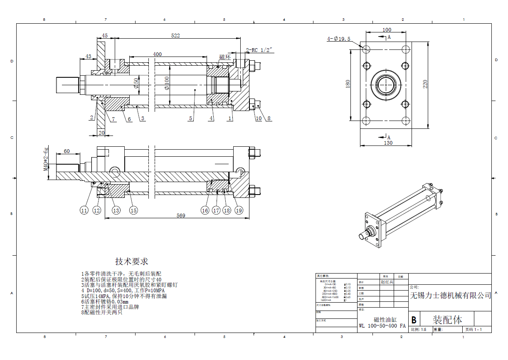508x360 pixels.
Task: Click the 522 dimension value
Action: pyautogui.click(x=175, y=36)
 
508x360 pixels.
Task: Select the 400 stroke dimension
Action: pyautogui.click(x=157, y=54)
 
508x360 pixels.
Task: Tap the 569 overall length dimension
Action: pyautogui.click(x=181, y=215)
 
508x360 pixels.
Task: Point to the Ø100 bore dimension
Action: pyautogui.click(x=167, y=83)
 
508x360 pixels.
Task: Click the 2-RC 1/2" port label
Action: pyautogui.click(x=260, y=50)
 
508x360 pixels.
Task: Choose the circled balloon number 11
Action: pyautogui.click(x=84, y=210)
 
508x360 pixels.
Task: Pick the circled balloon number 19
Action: pyautogui.click(x=239, y=210)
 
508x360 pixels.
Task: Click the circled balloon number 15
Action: pyautogui.click(x=133, y=210)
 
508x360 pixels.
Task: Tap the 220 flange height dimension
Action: pyautogui.click(x=425, y=84)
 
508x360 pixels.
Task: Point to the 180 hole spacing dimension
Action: pyautogui.click(x=348, y=84)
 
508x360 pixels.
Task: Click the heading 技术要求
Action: pyautogui.click(x=131, y=261)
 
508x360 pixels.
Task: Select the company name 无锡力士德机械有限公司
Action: pyautogui.click(x=450, y=296)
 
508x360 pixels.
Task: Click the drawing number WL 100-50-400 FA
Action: pyautogui.click(x=382, y=326)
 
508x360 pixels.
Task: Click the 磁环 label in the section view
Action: pyautogui.click(x=225, y=57)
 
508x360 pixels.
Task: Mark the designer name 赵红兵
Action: pyautogui.click(x=387, y=281)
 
